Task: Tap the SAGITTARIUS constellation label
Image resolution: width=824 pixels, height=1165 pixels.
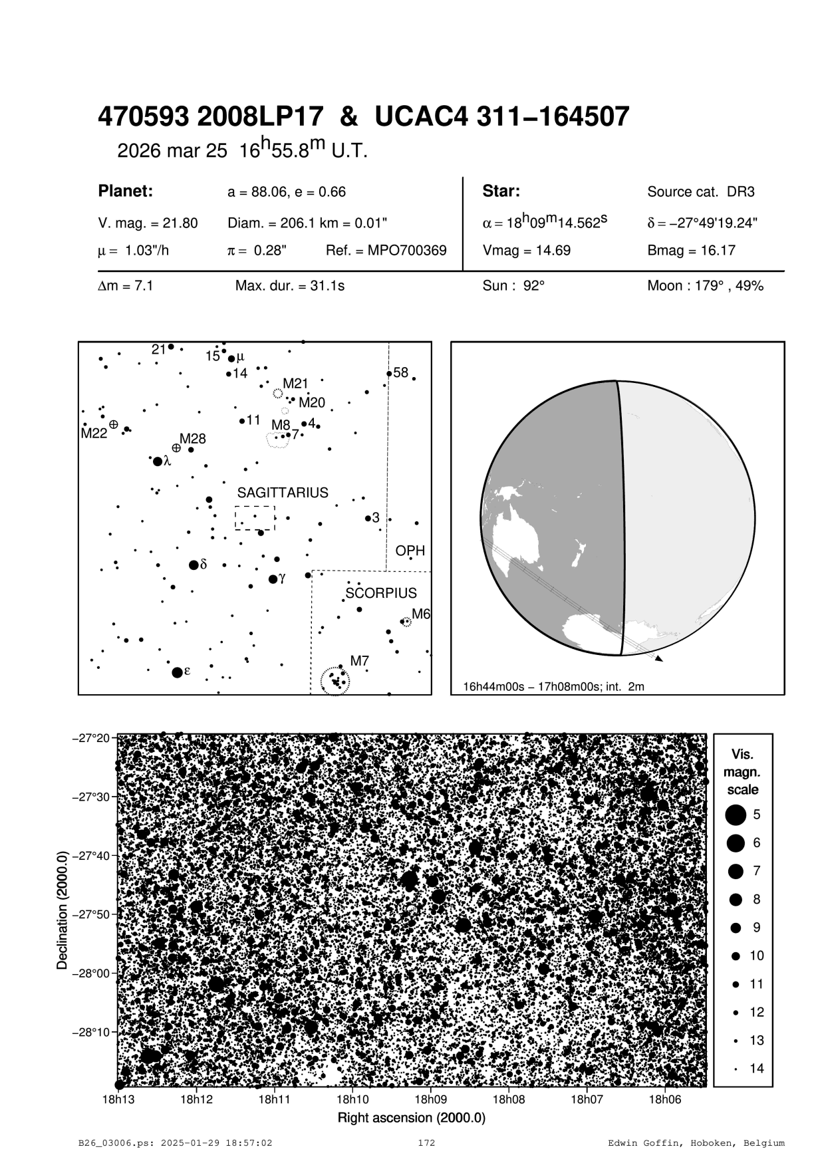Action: coord(283,493)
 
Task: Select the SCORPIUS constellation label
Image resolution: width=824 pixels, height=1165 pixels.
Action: coord(381,593)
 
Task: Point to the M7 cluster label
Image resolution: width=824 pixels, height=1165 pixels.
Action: coord(359,661)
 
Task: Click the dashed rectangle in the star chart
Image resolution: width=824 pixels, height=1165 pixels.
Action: coord(255,517)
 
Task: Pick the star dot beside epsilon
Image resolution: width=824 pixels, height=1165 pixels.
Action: coord(177,672)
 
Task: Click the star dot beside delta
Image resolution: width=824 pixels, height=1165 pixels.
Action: coord(194,565)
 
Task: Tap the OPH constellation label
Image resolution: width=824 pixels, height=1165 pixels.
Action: coord(410,551)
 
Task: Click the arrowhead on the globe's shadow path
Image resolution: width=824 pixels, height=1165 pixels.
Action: coord(659,658)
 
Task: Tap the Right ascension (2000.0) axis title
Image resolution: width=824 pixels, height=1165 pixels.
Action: coord(412,1117)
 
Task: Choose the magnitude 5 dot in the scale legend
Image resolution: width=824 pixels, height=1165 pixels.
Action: coord(736,814)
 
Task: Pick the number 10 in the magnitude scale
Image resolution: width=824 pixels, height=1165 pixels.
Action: coord(757,956)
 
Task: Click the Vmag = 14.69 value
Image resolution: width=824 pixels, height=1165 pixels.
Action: coord(526,251)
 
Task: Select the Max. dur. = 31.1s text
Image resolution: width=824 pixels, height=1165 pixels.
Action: coord(290,286)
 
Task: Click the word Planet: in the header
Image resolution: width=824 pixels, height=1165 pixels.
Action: coord(126,192)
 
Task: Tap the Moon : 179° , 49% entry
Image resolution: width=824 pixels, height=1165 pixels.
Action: coord(705,286)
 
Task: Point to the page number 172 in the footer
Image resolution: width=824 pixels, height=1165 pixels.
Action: coord(426,1143)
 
